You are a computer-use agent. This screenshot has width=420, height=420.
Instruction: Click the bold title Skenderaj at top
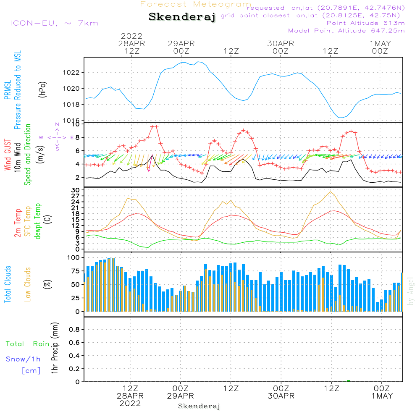(182, 17)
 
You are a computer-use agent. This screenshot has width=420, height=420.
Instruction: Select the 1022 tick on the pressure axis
(72, 72)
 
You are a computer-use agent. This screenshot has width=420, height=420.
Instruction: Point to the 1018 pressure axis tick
(72, 105)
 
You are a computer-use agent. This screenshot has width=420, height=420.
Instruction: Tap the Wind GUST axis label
(8, 154)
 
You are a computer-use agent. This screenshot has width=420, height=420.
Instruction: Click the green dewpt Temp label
(38, 221)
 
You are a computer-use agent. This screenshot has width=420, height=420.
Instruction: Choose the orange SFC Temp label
(28, 221)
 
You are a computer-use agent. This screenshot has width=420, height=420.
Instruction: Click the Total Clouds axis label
(8, 284)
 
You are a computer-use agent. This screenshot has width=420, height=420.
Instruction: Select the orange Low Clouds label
(28, 284)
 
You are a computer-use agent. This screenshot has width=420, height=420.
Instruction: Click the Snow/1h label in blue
(23, 359)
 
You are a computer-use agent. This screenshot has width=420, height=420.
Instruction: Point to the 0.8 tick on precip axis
(74, 329)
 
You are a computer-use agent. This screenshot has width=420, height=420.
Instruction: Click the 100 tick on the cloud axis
(73, 257)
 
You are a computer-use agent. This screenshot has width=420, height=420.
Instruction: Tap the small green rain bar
(348, 381)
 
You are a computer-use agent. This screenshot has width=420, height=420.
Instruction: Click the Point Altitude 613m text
(365, 23)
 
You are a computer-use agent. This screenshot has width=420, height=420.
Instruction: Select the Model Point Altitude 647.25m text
(346, 31)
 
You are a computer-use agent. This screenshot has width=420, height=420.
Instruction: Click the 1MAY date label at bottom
(381, 396)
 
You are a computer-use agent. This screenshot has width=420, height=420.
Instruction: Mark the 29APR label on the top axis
(181, 43)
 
